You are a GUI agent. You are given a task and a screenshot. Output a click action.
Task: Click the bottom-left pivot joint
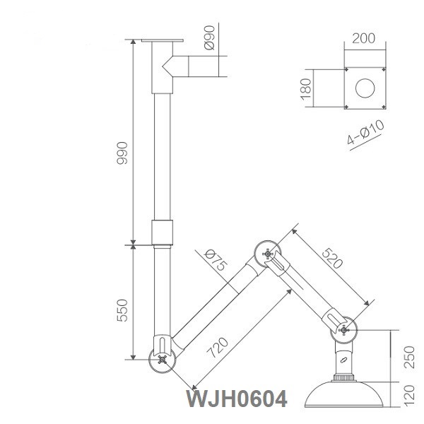[x=163, y=358]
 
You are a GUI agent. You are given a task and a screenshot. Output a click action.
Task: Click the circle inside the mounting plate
[x=365, y=88]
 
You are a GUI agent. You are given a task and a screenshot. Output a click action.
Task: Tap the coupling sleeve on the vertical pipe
[x=163, y=232]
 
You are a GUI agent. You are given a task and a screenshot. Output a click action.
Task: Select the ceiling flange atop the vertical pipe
[x=163, y=40]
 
